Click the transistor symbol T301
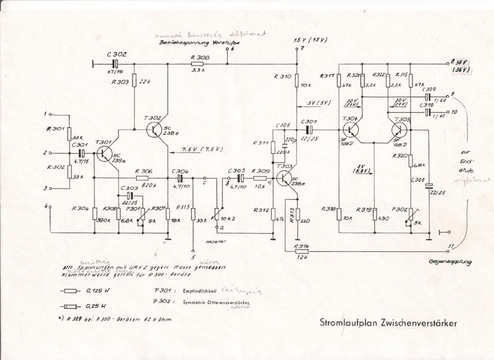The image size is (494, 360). (x=104, y=153)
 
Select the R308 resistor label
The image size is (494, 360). (x=197, y=58)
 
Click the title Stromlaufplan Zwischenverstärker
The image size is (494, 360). (x=388, y=322)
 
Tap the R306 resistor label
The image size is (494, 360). (x=141, y=170)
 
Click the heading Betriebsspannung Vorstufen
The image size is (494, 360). (x=191, y=43)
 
